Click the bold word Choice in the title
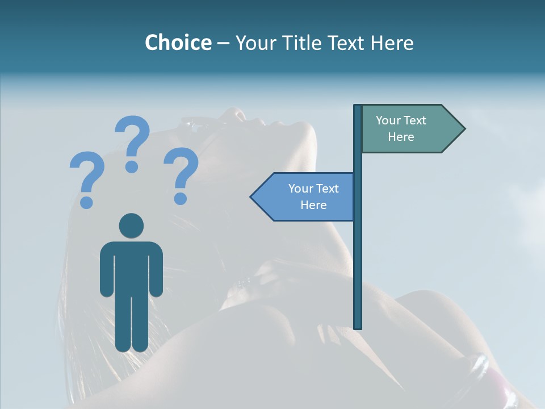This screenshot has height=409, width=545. tap(178, 43)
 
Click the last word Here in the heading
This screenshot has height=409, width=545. tap(392, 43)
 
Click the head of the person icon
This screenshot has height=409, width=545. tap(131, 226)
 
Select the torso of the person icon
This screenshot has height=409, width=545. tap(131, 267)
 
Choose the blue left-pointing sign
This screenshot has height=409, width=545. tap(307, 197)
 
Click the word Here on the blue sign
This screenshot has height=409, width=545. tap(313, 205)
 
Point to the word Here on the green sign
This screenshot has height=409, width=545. tap(401, 137)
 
